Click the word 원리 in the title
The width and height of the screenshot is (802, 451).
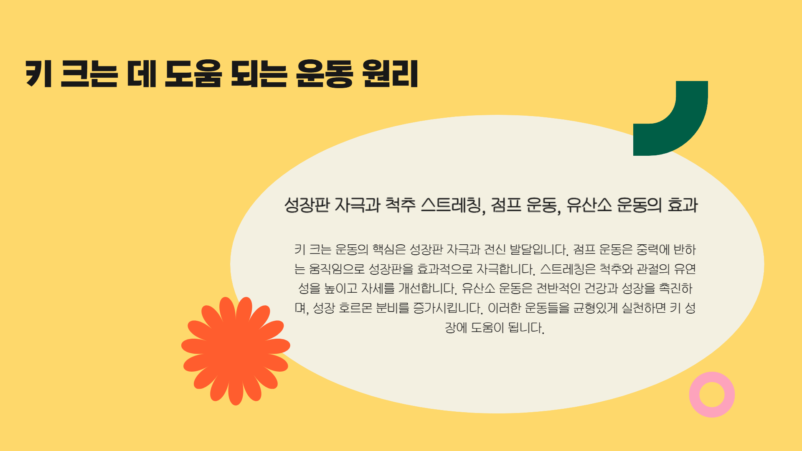[x=390, y=74]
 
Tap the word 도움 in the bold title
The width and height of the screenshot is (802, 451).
[x=193, y=74]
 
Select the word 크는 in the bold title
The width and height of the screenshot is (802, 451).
[x=89, y=74]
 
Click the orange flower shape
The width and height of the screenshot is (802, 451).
[x=236, y=351]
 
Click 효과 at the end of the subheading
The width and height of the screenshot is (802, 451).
[x=683, y=205]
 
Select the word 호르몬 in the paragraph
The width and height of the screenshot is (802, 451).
[x=355, y=308]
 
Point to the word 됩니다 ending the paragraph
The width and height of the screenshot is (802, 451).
[x=526, y=328]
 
